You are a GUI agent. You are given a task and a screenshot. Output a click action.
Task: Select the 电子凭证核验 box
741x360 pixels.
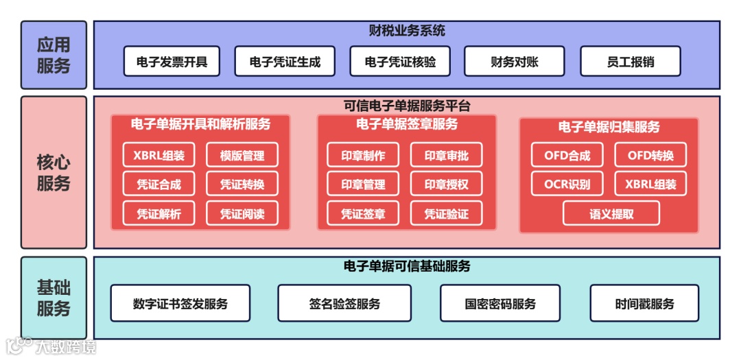400,62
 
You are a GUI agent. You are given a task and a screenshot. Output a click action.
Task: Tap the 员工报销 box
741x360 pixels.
630,62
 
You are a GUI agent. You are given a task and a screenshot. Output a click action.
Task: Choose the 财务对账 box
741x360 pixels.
515,62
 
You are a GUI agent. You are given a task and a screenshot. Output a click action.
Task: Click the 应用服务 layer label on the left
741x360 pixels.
54,55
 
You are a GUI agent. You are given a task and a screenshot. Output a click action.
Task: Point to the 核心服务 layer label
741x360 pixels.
54,173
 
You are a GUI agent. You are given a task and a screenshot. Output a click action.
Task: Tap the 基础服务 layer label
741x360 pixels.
54,298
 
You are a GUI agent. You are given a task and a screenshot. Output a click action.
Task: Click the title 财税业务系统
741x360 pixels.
407,31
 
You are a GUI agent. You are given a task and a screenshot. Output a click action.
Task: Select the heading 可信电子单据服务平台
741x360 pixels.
407,106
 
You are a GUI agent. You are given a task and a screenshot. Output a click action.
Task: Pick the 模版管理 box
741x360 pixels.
242,155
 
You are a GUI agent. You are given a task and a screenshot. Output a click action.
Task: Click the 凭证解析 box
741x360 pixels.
158,213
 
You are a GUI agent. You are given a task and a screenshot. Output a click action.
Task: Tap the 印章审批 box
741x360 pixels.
446,155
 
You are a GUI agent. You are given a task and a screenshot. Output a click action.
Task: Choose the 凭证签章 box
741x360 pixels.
363,213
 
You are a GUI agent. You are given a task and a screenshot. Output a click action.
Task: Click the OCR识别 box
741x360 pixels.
567,184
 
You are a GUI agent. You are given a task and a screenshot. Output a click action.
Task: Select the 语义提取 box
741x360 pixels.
611,213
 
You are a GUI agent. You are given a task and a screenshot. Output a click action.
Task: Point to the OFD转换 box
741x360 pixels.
650,155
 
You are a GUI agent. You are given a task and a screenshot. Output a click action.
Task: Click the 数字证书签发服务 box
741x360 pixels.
180,303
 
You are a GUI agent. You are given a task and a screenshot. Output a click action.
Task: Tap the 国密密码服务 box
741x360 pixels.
500,303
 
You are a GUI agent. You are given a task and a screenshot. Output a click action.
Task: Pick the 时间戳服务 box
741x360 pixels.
644,303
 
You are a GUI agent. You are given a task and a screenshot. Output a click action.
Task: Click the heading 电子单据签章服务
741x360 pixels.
407,125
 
